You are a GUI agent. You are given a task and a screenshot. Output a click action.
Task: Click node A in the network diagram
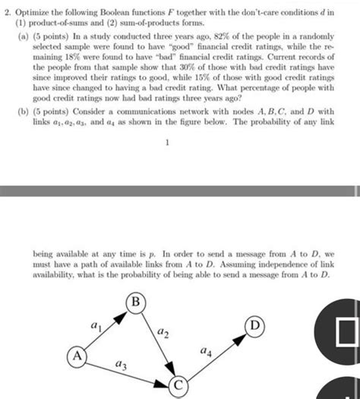75,356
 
